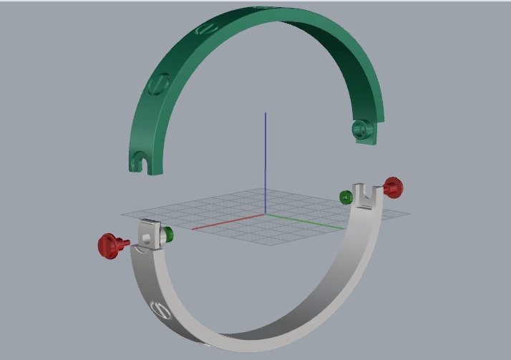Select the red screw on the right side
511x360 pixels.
[393, 188]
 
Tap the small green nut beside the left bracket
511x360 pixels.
[168, 234]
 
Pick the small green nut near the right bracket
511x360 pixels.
[345, 196]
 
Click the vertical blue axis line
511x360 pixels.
[266, 157]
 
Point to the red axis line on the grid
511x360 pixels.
[229, 221]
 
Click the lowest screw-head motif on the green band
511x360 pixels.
[158, 85]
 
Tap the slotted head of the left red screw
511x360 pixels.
[107, 245]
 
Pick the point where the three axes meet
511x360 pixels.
[266, 213]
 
